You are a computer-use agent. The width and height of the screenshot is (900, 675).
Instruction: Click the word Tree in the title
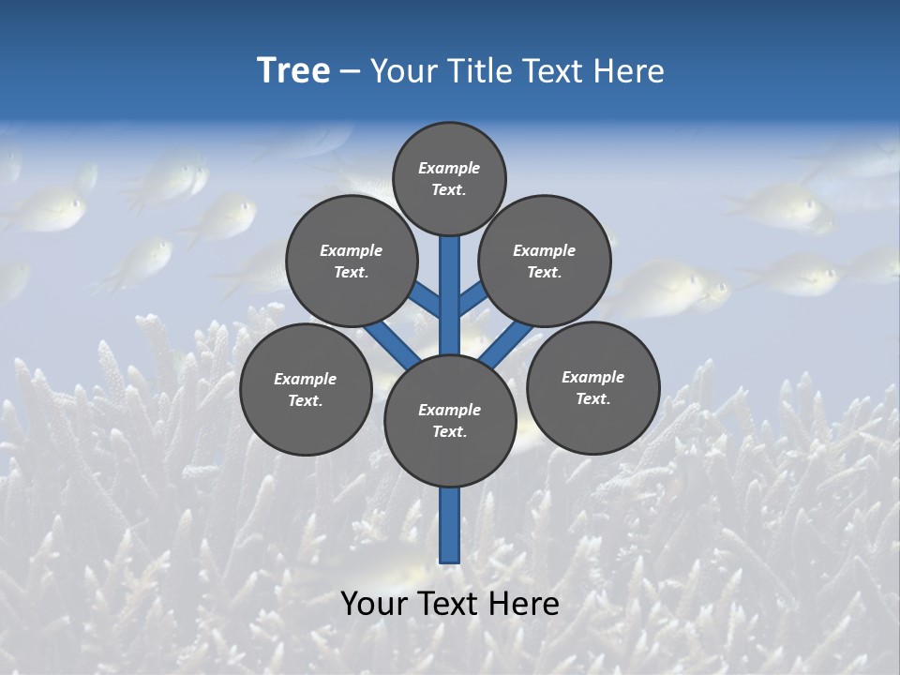pos(293,71)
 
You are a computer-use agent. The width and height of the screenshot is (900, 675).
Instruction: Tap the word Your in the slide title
pos(400,71)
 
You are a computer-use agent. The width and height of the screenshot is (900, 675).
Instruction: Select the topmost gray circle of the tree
pos(449,178)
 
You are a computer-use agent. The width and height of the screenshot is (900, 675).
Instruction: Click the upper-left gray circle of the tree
pos(352,261)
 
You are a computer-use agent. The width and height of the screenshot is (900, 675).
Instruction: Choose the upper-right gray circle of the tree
pos(545,261)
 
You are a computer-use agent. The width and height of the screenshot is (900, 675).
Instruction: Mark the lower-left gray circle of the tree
pos(306,389)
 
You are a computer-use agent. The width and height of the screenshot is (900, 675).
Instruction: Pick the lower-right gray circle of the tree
pos(592,387)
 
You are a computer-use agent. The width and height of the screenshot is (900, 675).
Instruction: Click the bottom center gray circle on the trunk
pos(450,420)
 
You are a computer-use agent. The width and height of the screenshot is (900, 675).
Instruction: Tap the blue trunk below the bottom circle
pos(450,525)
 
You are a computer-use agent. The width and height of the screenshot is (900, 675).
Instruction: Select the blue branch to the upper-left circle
pos(427,300)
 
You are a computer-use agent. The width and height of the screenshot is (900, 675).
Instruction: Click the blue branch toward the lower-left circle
pos(392,341)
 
